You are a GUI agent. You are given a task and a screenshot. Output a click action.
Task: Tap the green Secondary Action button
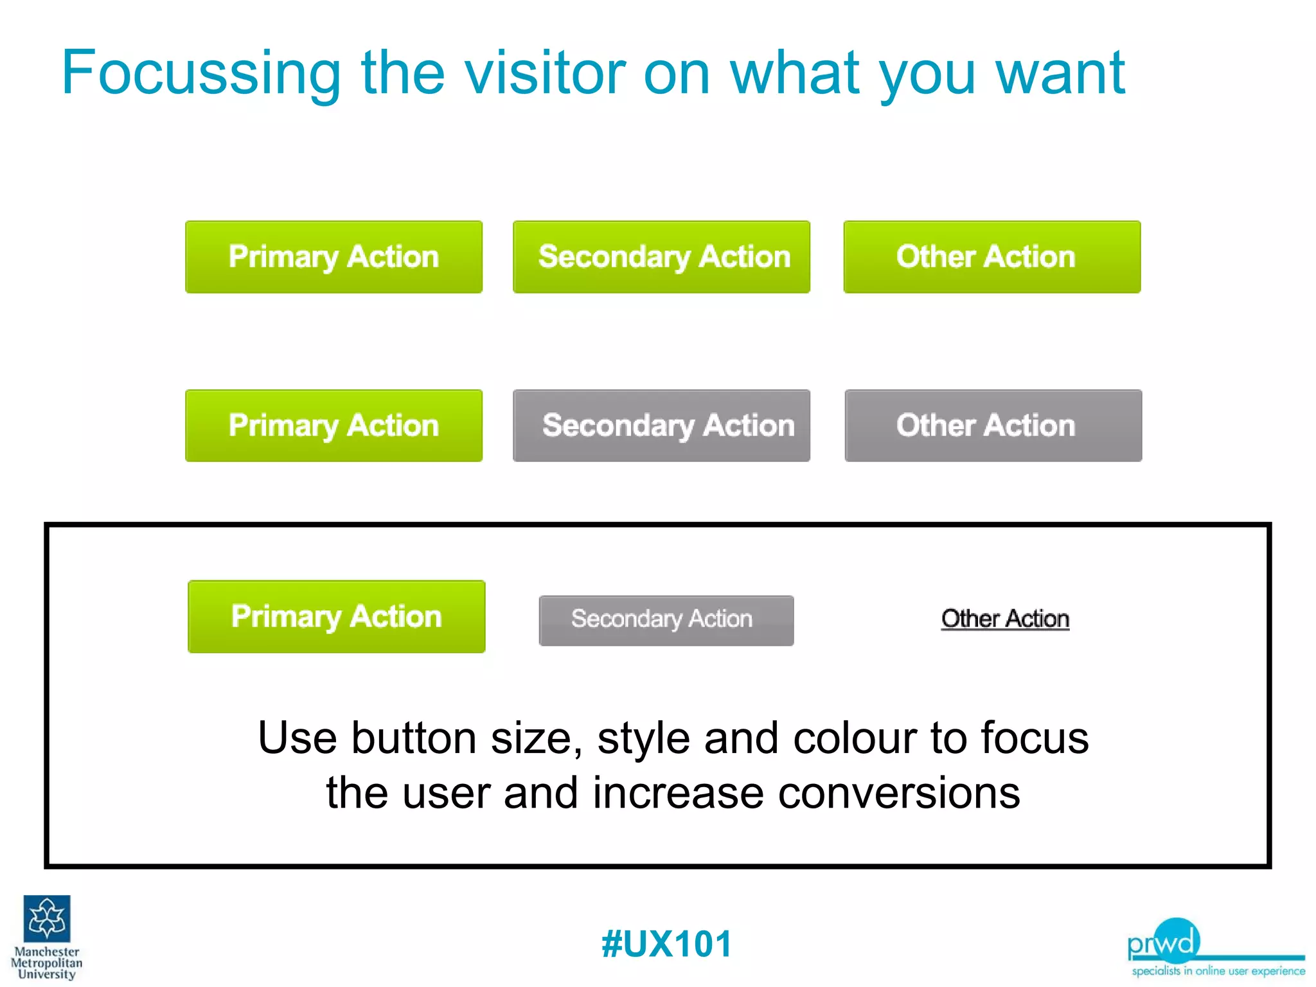[x=661, y=257]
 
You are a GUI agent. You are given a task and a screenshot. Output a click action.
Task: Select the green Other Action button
[x=991, y=257]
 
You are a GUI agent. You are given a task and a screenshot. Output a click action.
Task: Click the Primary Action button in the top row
[x=333, y=257]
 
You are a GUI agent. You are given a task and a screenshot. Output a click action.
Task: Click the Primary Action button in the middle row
[x=333, y=425]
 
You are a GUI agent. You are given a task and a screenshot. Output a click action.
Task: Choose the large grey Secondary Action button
[x=661, y=425]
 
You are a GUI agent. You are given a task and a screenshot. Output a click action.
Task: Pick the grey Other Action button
[x=993, y=425]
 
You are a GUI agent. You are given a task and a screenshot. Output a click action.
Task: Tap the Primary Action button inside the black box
[x=336, y=617]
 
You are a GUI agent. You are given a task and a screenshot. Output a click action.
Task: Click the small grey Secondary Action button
[x=666, y=620]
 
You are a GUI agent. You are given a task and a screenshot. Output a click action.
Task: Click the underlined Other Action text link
[x=1005, y=619]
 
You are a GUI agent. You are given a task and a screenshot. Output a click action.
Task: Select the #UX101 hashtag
[x=666, y=944]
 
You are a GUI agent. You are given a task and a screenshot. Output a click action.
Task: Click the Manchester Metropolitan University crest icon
[x=47, y=918]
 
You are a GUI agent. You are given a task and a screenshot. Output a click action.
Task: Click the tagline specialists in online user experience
[x=1218, y=971]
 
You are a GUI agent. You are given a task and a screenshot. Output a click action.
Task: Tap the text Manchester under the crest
[x=47, y=952]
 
